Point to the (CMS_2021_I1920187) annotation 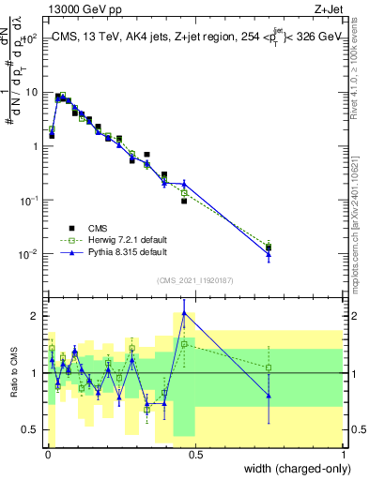[x=194, y=280]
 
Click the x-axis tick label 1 [x=344, y=455]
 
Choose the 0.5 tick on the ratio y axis [x=29, y=430]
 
